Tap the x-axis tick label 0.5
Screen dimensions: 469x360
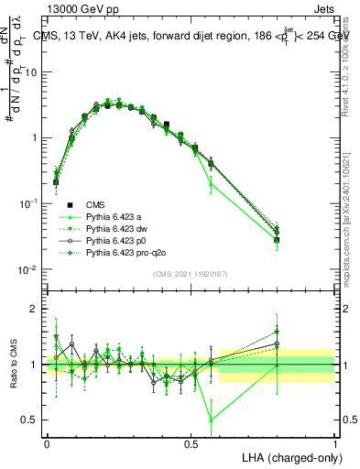(x=191, y=443)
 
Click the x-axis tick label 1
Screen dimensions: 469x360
(x=334, y=443)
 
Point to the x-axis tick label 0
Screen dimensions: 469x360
(x=47, y=443)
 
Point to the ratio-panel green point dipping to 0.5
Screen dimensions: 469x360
(x=212, y=420)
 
